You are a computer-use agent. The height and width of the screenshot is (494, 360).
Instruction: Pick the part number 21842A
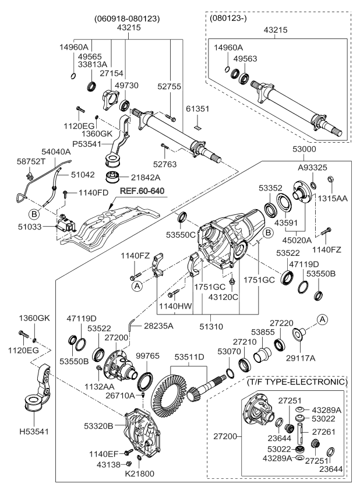tap(146, 177)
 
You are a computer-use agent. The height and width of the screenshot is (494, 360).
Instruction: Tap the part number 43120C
tap(232, 297)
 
